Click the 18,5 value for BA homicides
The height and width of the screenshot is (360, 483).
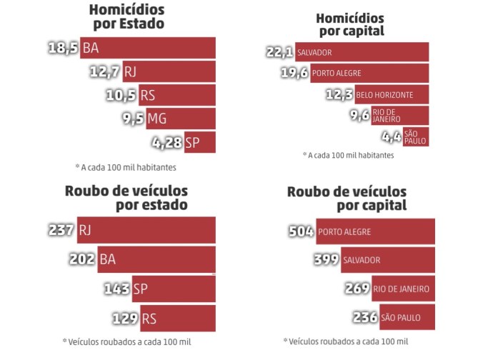63,49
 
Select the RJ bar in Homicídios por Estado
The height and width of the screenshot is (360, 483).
168,72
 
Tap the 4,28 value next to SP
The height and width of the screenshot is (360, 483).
167,143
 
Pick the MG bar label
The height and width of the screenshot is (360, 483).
156,119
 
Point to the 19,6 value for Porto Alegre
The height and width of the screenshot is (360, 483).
294,73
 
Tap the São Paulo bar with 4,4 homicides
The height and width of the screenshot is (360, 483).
415,136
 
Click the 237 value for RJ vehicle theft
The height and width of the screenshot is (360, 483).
61,230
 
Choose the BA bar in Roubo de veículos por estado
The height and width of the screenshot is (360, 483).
156,259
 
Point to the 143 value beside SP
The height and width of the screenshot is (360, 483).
116,289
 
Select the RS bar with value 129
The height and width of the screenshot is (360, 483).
177,318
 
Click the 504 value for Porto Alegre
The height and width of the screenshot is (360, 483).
302,231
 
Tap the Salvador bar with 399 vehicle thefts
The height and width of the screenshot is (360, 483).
387,260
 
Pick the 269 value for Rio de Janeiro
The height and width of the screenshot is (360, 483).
356,289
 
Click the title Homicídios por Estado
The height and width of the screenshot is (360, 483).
126,16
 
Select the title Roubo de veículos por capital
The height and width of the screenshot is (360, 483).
347,199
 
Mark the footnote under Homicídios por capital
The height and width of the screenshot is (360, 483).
348,154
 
